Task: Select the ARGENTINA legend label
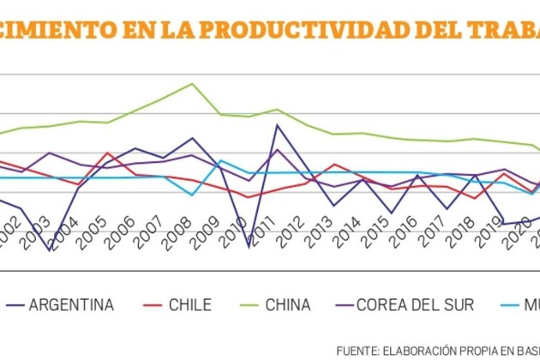72,304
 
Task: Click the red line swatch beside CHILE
152,304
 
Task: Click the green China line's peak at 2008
192,84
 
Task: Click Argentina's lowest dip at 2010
249,248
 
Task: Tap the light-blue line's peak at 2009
220,160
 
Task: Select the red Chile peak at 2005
107,153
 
